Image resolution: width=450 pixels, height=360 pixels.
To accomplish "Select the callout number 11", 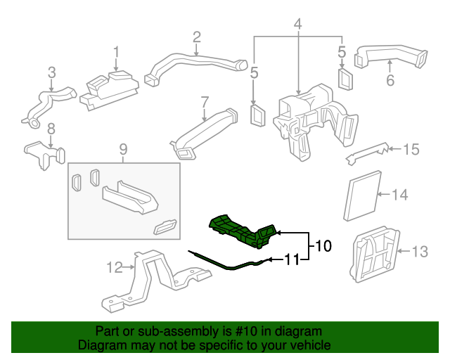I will (292, 260).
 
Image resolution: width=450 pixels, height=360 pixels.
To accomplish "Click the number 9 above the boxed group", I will (123, 149).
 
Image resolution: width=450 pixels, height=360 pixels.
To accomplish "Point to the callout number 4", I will (298, 25).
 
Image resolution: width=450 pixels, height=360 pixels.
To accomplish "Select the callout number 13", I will (419, 251).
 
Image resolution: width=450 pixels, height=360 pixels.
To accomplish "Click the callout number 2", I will (197, 37).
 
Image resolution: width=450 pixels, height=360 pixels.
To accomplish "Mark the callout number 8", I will (51, 129).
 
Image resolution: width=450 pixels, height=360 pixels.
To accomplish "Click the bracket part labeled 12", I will (151, 281).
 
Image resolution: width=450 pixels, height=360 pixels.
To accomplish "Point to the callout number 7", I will (204, 101).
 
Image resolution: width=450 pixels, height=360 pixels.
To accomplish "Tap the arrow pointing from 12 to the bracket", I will (129, 267).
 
